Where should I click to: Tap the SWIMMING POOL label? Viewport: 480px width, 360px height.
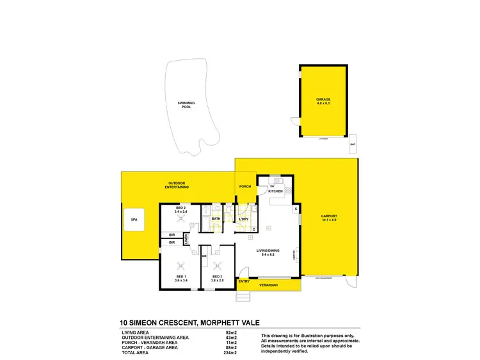point(187,105)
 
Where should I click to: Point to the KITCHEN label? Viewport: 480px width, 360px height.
point(275,191)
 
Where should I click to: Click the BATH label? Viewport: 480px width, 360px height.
point(216,219)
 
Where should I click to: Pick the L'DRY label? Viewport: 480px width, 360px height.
point(243,219)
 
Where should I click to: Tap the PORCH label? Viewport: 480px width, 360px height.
point(245,187)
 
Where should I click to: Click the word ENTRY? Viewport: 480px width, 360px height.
point(243,281)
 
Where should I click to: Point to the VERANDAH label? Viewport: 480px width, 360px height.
point(268,286)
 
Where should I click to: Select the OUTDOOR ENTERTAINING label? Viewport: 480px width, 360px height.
point(176,185)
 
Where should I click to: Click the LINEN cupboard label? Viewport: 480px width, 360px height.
point(186,239)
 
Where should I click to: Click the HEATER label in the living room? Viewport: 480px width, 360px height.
point(294,253)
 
